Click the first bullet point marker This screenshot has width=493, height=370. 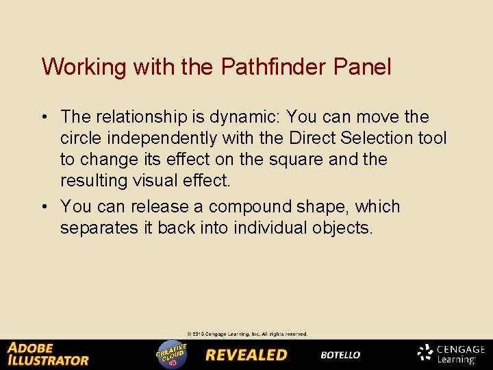[46, 117]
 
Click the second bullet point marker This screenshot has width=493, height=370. [46, 207]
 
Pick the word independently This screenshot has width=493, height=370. [161, 138]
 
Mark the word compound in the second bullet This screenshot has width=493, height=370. [251, 207]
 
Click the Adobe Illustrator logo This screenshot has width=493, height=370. [48, 354]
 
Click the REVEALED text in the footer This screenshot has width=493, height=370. [246, 355]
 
